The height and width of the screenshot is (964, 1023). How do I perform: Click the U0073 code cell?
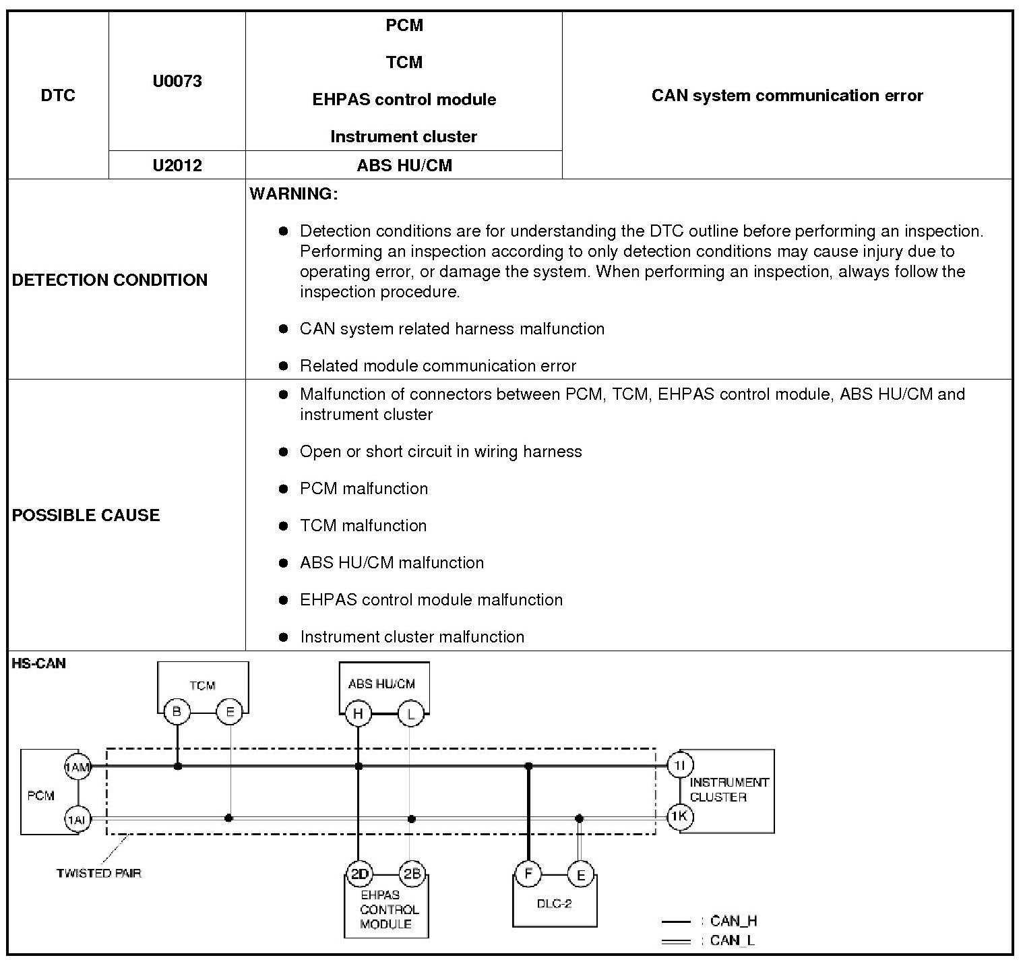pos(177,82)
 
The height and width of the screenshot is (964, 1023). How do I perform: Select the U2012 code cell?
pos(177,165)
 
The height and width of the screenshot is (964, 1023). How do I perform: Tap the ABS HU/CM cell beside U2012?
pos(404,165)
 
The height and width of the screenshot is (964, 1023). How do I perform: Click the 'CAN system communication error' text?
pos(786,96)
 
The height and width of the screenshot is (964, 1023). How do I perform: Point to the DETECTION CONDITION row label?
pos(110,280)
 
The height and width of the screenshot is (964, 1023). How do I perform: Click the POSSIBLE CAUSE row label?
pos(86,515)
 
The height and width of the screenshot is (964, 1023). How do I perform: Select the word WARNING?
pos(294,194)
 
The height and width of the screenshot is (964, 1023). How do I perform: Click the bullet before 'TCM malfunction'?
pos(284,525)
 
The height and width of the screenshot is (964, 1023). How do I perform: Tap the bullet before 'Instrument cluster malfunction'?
pos(284,636)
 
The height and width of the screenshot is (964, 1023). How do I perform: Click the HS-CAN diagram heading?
pos(39,663)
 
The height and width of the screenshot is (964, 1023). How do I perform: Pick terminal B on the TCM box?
pos(177,712)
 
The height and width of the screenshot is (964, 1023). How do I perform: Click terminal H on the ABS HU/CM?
pos(358,713)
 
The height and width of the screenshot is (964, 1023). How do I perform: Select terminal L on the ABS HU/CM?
pos(410,713)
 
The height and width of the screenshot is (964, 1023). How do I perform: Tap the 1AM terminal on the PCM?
pos(77,766)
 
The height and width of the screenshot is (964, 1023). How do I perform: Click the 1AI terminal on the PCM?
pos(77,820)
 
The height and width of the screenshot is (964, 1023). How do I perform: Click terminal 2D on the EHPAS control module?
pos(359,874)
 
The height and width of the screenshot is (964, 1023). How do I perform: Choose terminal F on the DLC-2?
pos(528,874)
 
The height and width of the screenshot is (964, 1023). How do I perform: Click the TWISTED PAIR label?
pos(98,873)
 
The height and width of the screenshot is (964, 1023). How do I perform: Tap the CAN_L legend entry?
pos(732,940)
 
